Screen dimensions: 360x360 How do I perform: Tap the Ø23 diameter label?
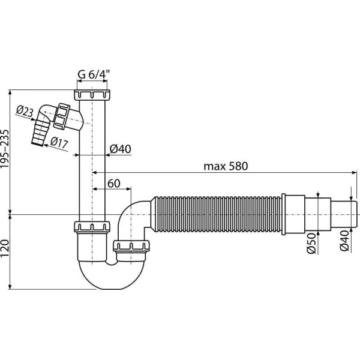tap(24, 110)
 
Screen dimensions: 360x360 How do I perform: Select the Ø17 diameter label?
tap(58, 143)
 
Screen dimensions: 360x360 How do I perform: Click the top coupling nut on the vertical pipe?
tap(93, 95)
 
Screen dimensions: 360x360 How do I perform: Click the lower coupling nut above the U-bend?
tap(93, 227)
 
